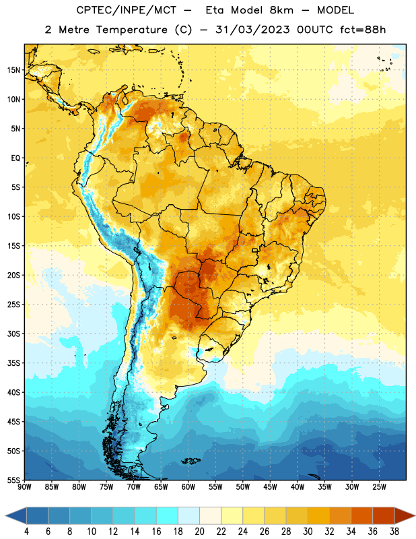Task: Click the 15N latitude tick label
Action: [13, 70]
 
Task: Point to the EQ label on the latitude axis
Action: [15, 158]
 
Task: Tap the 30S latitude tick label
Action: [13, 334]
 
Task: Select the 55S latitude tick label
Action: [13, 480]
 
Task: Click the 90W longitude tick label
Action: [24, 487]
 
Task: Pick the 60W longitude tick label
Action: [188, 487]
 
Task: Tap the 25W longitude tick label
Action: [379, 487]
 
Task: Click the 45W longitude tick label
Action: [271, 487]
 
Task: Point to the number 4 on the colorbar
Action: [26, 532]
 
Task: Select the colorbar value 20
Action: [199, 532]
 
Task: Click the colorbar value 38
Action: [394, 532]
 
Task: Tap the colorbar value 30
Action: [308, 532]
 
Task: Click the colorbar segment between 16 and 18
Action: [168, 515]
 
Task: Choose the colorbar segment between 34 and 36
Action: [362, 515]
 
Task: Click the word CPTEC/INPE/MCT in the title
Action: [127, 10]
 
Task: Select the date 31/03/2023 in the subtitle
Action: [253, 30]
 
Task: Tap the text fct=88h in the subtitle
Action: [363, 30]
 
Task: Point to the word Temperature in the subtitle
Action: [131, 30]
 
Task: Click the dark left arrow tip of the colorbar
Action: [6, 515]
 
